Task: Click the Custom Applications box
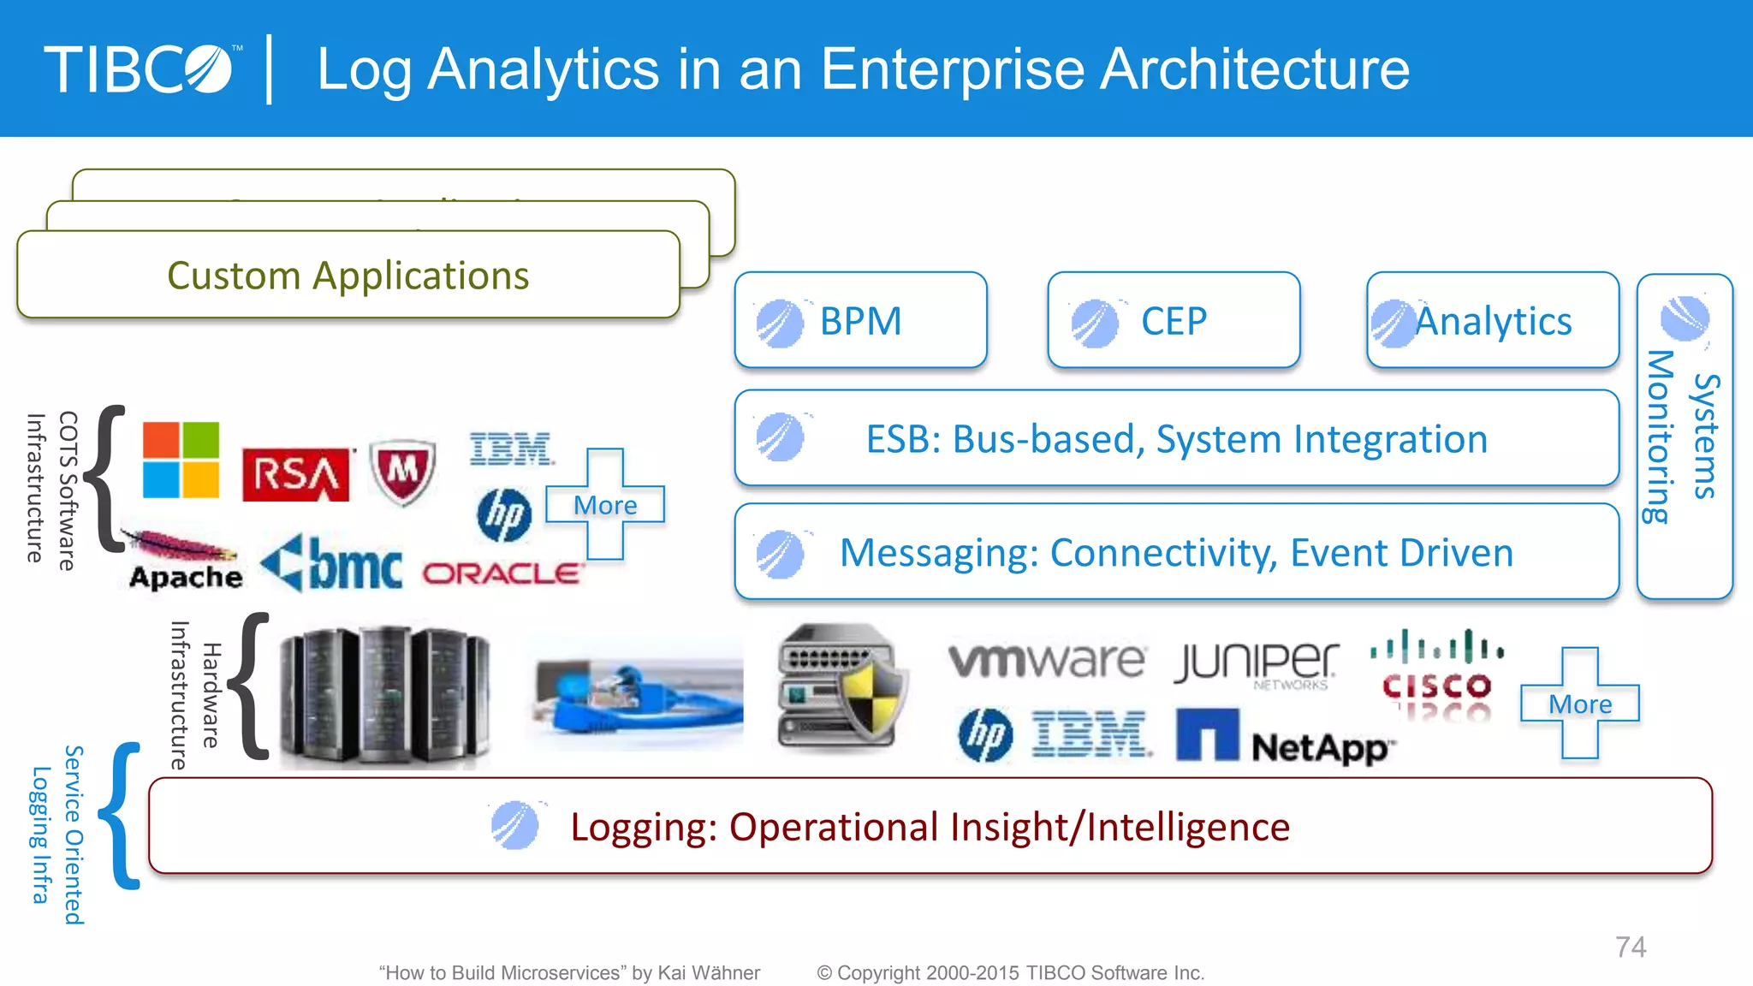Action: click(348, 276)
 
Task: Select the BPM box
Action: click(860, 321)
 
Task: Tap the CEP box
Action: click(1174, 321)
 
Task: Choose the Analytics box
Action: click(1493, 321)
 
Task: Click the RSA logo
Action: click(295, 474)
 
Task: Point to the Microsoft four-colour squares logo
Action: click(181, 460)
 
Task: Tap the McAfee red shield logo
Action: click(402, 472)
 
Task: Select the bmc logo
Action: click(332, 564)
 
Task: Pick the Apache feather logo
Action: click(183, 561)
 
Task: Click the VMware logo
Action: click(1046, 660)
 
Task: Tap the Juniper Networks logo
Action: click(1256, 663)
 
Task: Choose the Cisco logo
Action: click(1437, 674)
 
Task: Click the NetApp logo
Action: click(1284, 739)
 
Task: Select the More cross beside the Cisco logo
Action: click(1580, 704)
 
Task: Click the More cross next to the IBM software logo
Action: click(605, 505)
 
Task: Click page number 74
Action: click(1631, 947)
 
